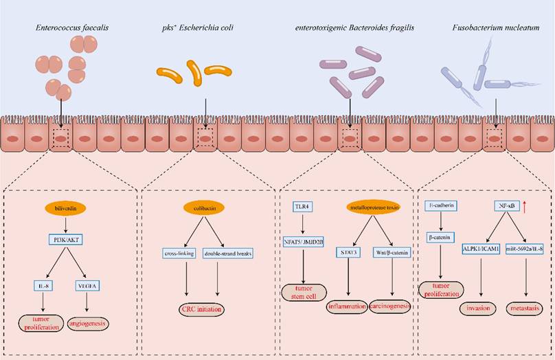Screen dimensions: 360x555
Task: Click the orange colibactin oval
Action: (201, 207)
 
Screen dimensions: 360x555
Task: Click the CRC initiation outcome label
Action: (201, 310)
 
